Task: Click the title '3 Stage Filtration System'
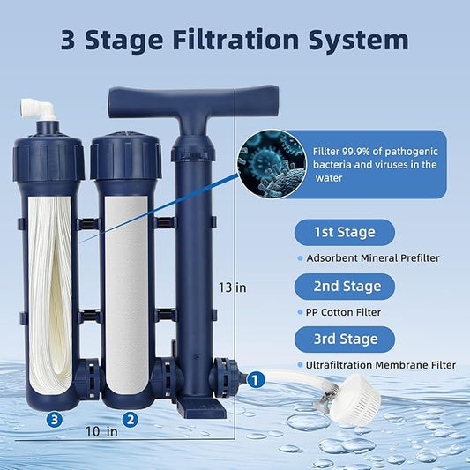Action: (235, 40)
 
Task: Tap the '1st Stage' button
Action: (344, 233)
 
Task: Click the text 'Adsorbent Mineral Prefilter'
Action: (372, 258)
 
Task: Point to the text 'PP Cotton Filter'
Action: (344, 311)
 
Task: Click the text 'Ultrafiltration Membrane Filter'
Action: (381, 364)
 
